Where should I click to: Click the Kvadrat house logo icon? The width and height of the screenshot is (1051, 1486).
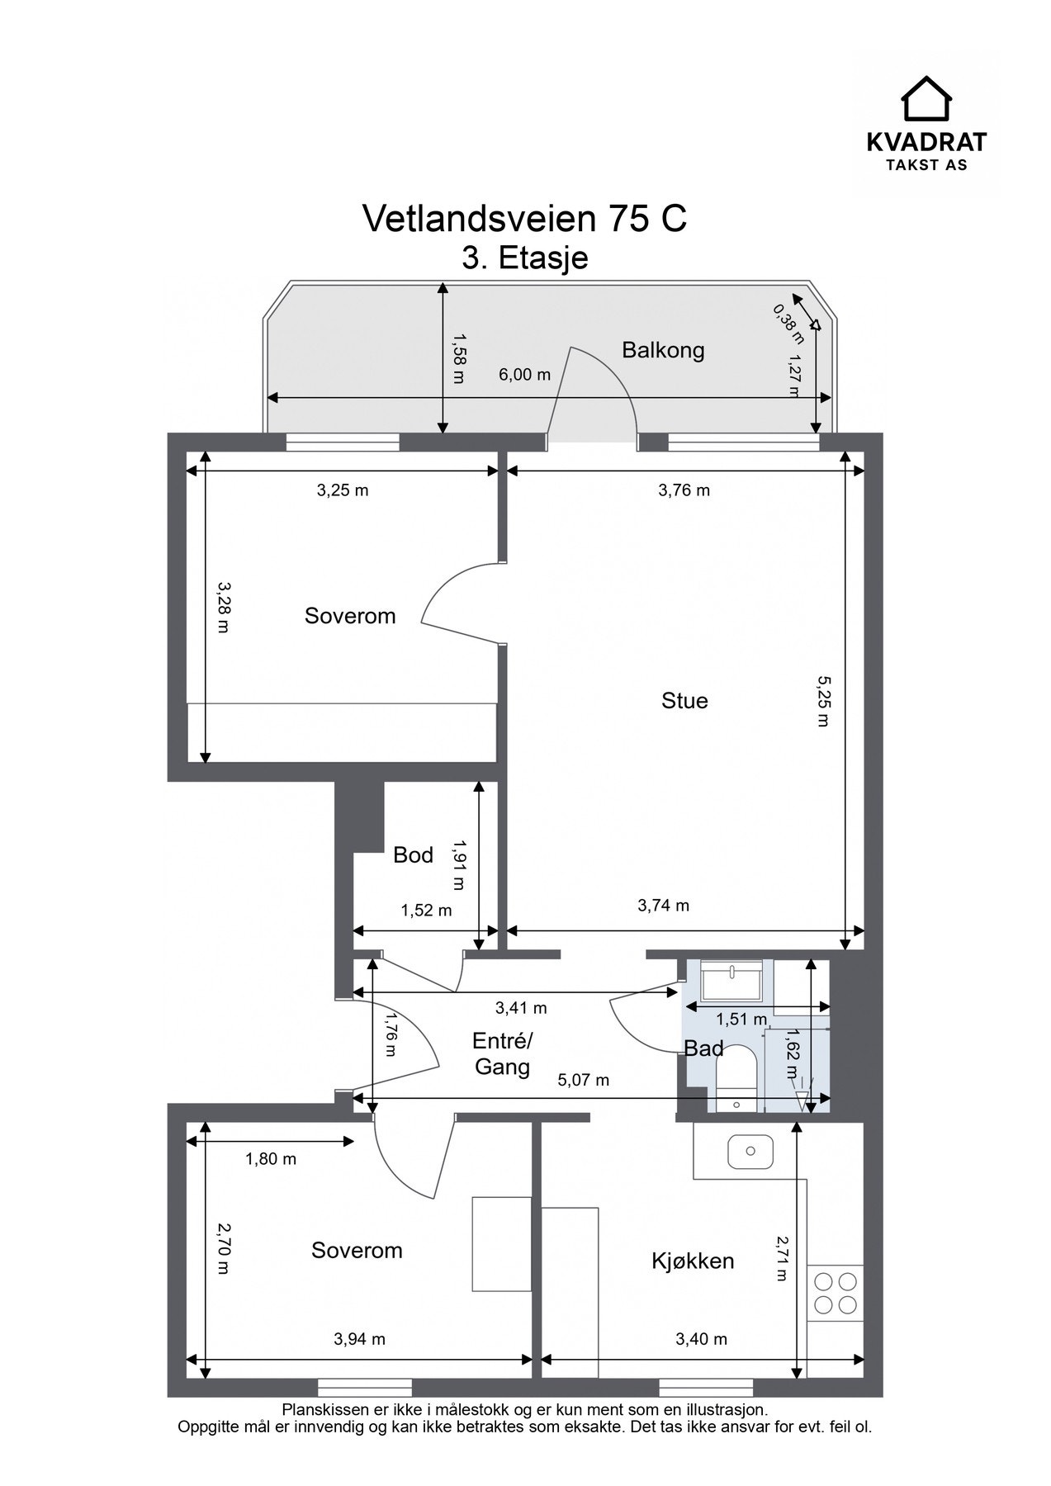pos(926,98)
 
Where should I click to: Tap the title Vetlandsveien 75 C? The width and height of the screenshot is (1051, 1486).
pos(525,219)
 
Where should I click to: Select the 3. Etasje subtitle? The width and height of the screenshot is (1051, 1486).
pos(525,258)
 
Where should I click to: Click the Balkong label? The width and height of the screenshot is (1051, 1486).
pos(663,350)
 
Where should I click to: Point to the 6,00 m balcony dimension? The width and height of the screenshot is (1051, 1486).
pos(524,375)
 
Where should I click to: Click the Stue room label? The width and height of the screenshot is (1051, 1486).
pos(684,701)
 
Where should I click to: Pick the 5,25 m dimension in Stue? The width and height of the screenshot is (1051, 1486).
pos(822,701)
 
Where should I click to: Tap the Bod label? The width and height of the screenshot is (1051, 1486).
pos(413,855)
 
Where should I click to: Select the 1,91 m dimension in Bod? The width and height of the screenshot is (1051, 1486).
pos(458,865)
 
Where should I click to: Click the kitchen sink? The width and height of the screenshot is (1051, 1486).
pos(750,1151)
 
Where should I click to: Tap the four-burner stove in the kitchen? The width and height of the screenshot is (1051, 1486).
pos(836,1293)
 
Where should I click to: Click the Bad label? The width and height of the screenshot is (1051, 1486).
pos(703,1048)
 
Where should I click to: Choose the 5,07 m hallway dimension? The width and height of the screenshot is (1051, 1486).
pos(584,1080)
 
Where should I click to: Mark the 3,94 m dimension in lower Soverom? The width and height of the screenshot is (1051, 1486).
pos(360,1339)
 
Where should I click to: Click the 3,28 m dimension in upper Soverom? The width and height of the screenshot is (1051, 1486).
pos(223,607)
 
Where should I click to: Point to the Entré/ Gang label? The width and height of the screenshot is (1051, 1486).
pos(503,1053)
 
